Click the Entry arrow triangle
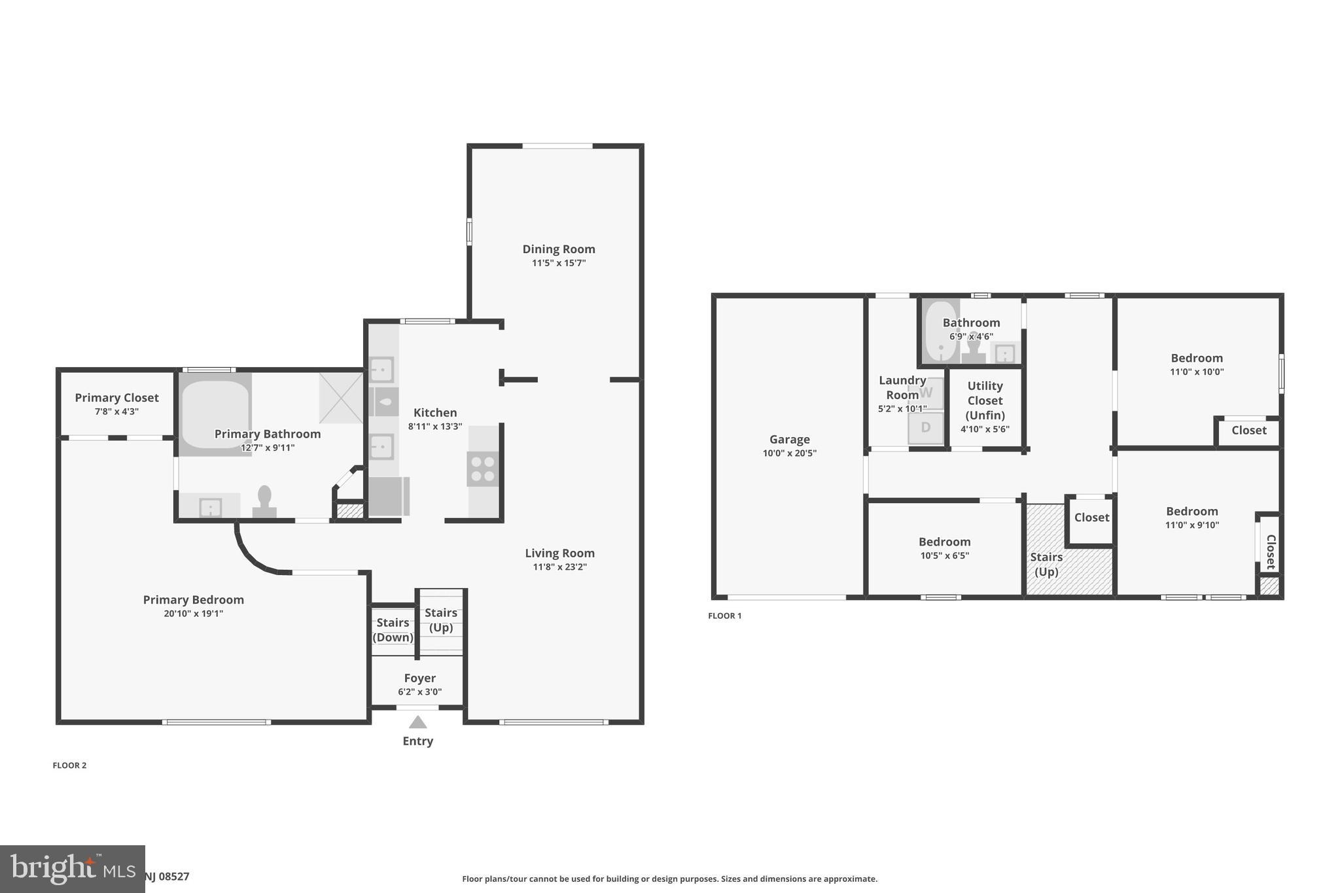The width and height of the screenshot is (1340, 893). (x=417, y=722)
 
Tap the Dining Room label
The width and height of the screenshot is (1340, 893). (x=558, y=249)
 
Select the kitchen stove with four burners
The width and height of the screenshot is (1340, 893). (x=482, y=468)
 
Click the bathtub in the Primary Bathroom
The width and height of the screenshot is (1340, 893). (x=215, y=413)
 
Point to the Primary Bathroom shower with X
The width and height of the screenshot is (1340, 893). (x=341, y=398)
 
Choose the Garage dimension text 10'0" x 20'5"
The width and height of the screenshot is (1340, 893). (x=789, y=453)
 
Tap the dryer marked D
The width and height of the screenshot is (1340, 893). (x=925, y=428)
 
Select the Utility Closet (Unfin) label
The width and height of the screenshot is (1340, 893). (x=985, y=400)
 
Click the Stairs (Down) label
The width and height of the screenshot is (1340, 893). (x=393, y=630)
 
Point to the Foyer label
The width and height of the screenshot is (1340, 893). (x=419, y=678)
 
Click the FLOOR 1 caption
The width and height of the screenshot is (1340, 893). (x=724, y=616)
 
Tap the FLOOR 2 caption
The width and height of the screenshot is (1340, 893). (x=69, y=765)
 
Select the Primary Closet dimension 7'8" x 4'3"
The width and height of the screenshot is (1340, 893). (x=116, y=411)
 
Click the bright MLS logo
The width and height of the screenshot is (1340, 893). (x=72, y=869)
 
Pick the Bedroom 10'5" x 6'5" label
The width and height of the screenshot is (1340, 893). (x=944, y=542)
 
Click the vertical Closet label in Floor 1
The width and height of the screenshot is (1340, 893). (x=1270, y=552)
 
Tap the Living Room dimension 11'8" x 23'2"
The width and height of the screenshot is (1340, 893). (x=559, y=567)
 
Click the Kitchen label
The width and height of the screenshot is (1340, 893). (x=435, y=413)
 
